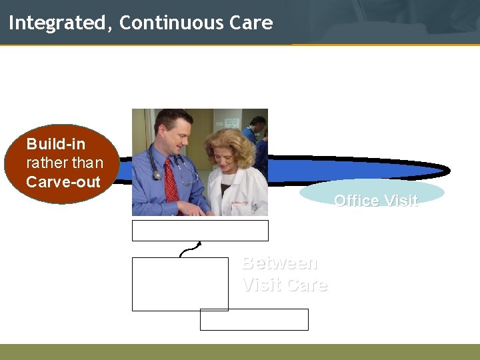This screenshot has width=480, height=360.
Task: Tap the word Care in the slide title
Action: [253, 23]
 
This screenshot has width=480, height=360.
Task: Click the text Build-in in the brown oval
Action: [56, 144]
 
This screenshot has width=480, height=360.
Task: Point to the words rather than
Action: [65, 163]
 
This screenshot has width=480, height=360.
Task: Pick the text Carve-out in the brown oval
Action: [63, 182]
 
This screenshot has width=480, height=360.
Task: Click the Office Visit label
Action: [376, 201]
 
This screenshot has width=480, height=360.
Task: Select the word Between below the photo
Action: [279, 263]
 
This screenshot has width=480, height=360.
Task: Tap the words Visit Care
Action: [285, 285]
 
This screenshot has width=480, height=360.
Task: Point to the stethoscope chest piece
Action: [157, 175]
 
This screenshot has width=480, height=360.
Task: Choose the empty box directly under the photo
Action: [200, 231]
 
